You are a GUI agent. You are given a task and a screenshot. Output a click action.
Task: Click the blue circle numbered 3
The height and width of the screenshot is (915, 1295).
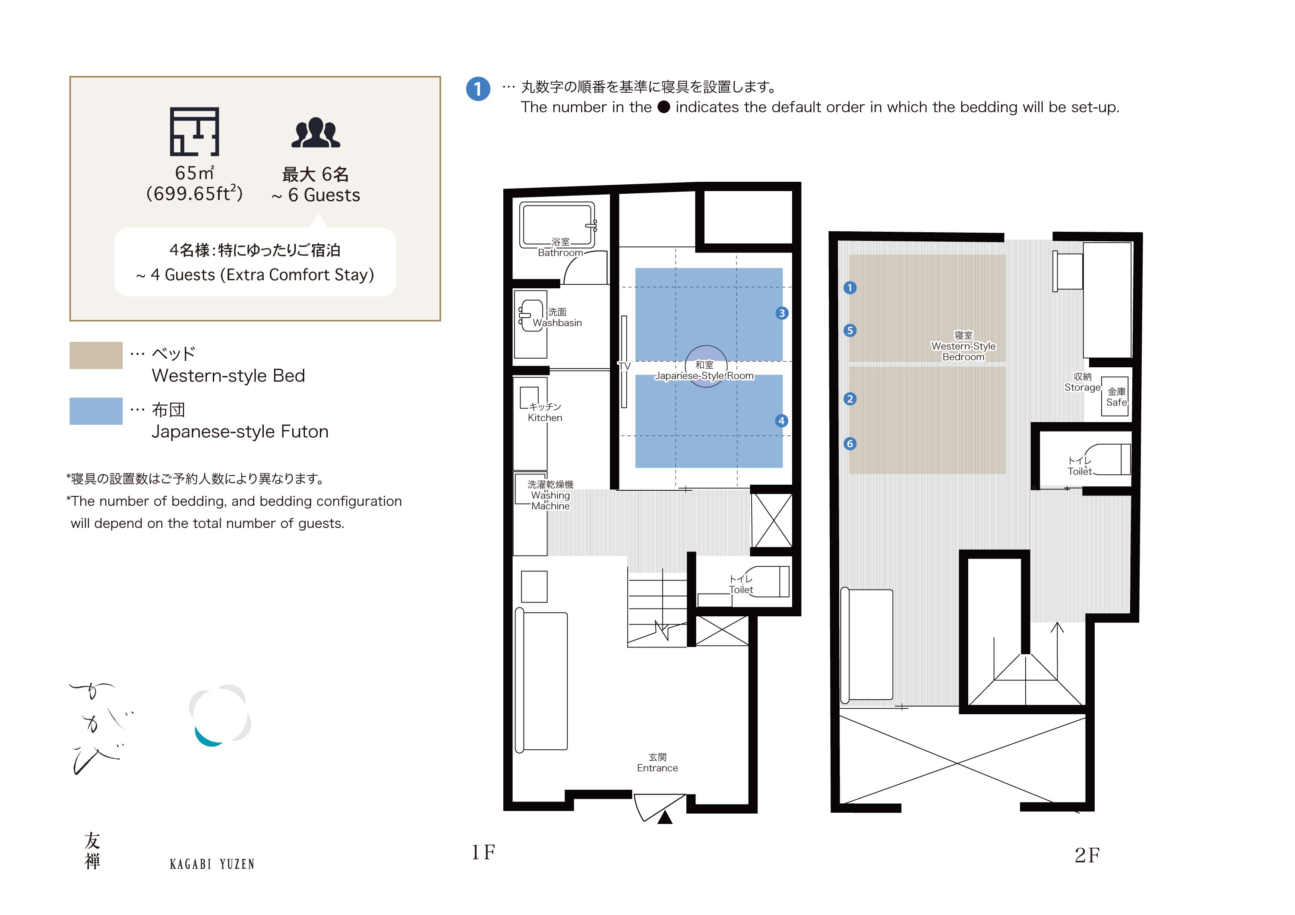(782, 313)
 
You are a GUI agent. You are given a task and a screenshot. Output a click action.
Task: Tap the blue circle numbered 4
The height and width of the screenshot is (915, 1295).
(781, 420)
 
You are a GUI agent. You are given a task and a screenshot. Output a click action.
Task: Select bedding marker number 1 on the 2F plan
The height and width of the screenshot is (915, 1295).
(850, 287)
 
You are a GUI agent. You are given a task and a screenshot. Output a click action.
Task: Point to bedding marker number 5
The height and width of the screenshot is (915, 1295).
(850, 330)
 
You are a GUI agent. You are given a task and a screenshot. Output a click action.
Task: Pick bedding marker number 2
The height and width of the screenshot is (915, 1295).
(850, 398)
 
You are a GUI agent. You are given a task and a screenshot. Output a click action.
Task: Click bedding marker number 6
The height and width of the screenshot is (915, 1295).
(850, 444)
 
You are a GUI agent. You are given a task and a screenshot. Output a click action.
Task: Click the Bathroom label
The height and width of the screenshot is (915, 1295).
(560, 252)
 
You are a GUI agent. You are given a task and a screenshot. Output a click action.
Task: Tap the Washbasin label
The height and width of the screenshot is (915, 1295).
(557, 323)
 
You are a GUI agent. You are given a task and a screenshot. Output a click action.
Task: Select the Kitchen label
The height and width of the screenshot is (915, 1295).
(545, 418)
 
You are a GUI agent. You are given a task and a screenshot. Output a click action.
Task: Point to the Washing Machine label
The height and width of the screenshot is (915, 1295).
(550, 501)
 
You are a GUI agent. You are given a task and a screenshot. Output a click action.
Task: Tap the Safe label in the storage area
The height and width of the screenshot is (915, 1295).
(1116, 402)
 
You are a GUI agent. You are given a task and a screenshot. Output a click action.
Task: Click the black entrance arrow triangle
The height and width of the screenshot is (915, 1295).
(665, 817)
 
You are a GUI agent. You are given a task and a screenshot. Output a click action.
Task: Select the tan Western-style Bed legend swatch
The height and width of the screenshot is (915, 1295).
(96, 355)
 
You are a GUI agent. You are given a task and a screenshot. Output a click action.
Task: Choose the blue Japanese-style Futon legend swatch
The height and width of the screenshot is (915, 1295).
(96, 411)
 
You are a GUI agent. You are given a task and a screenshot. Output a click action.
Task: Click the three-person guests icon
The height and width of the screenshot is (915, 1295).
(316, 133)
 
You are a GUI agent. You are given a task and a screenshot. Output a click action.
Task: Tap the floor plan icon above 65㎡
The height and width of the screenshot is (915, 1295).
(195, 131)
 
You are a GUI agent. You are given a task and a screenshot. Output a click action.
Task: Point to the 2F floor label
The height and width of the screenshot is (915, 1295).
(1087, 855)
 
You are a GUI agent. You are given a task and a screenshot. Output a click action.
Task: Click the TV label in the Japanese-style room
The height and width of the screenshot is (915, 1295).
(624, 366)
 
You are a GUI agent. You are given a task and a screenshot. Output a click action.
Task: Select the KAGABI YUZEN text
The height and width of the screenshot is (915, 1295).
(212, 864)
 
